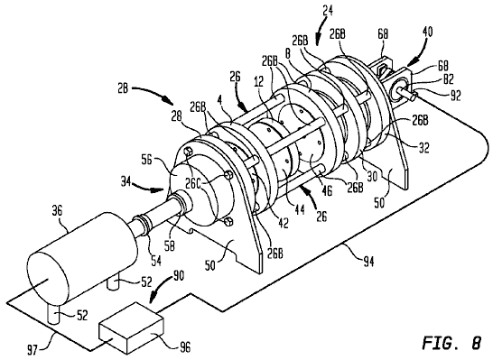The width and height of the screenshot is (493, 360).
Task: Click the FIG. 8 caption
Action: point(451,343)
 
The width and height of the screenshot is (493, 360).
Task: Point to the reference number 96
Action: point(184,347)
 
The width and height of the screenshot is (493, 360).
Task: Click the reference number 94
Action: point(367,261)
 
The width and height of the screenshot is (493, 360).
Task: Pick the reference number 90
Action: point(178,277)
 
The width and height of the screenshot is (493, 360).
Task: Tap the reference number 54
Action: point(156,261)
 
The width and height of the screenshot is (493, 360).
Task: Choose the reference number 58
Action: point(170,246)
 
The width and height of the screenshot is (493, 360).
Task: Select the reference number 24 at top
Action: point(327,10)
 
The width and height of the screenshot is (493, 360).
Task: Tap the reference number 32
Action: point(423,147)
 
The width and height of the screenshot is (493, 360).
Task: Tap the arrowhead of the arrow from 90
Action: point(153,300)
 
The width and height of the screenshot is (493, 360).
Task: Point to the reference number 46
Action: point(326,190)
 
